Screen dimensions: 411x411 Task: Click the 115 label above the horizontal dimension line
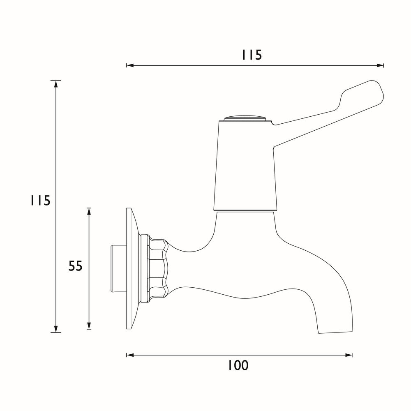[x=252, y=55]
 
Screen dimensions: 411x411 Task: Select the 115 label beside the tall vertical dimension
[x=39, y=201]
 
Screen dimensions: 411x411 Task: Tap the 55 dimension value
[x=75, y=266]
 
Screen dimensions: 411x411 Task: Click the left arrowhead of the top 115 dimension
[x=129, y=65]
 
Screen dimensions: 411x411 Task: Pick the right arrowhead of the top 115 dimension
[x=381, y=65]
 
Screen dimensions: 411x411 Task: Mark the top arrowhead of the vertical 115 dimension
[x=56, y=83]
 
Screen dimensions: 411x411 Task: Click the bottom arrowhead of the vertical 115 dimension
[x=56, y=330]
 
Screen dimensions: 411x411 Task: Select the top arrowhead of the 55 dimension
[x=89, y=210]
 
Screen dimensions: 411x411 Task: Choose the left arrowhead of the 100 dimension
[x=129, y=355]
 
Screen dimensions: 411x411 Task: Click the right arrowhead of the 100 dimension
[x=350, y=355]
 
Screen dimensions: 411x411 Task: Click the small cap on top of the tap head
[x=245, y=118]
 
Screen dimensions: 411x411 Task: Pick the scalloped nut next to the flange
[x=158, y=267]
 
